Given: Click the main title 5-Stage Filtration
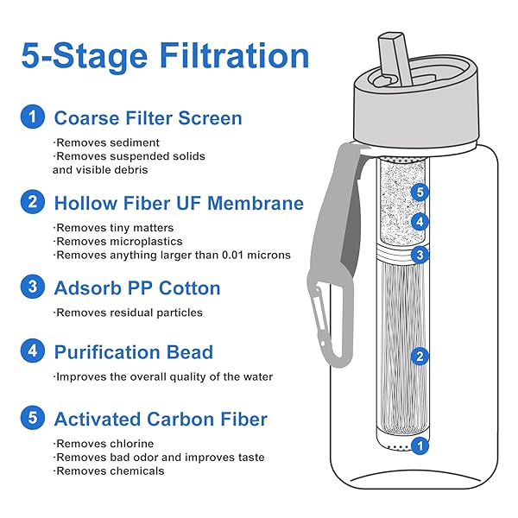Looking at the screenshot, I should pos(165,56).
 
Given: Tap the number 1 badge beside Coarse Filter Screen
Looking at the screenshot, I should pos(33,117).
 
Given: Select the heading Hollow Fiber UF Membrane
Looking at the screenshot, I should pos(179,203).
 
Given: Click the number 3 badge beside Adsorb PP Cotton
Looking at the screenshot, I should pos(33,287).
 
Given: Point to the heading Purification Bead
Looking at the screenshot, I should pos(133,352).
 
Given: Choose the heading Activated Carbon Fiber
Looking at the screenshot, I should pos(161,420).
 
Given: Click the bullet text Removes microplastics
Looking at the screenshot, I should pos(118,242).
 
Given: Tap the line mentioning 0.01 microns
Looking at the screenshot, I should pos(173,255).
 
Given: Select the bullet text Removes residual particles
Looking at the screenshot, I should pos(129,313).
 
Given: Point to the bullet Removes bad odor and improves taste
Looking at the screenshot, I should pos(159,458).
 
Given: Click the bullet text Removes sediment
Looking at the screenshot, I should pos(107,142).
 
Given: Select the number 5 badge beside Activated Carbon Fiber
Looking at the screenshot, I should pos(33,419).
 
